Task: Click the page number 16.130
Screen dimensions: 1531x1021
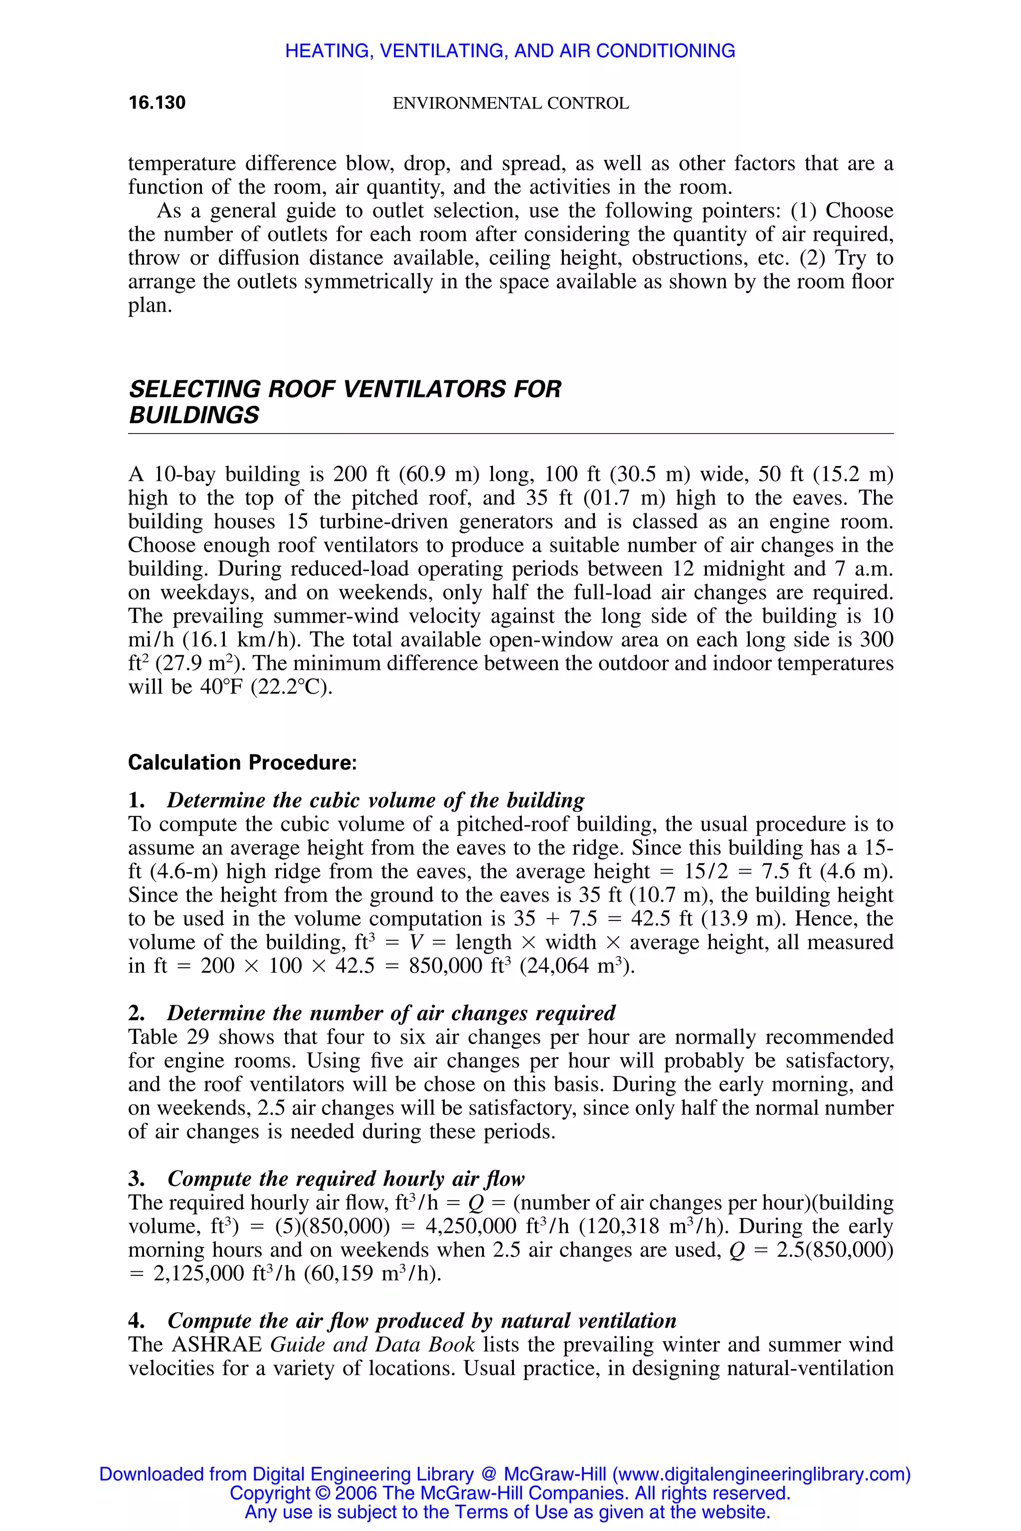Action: (x=157, y=103)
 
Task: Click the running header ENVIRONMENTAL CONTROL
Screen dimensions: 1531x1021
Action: (x=510, y=104)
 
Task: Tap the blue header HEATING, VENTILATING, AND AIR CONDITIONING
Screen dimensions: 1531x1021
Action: (x=510, y=51)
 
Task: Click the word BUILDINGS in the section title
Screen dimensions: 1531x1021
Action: (x=194, y=415)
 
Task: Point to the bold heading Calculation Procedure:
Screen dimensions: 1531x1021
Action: (x=242, y=762)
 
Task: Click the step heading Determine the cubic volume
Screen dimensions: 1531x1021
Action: (x=375, y=800)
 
